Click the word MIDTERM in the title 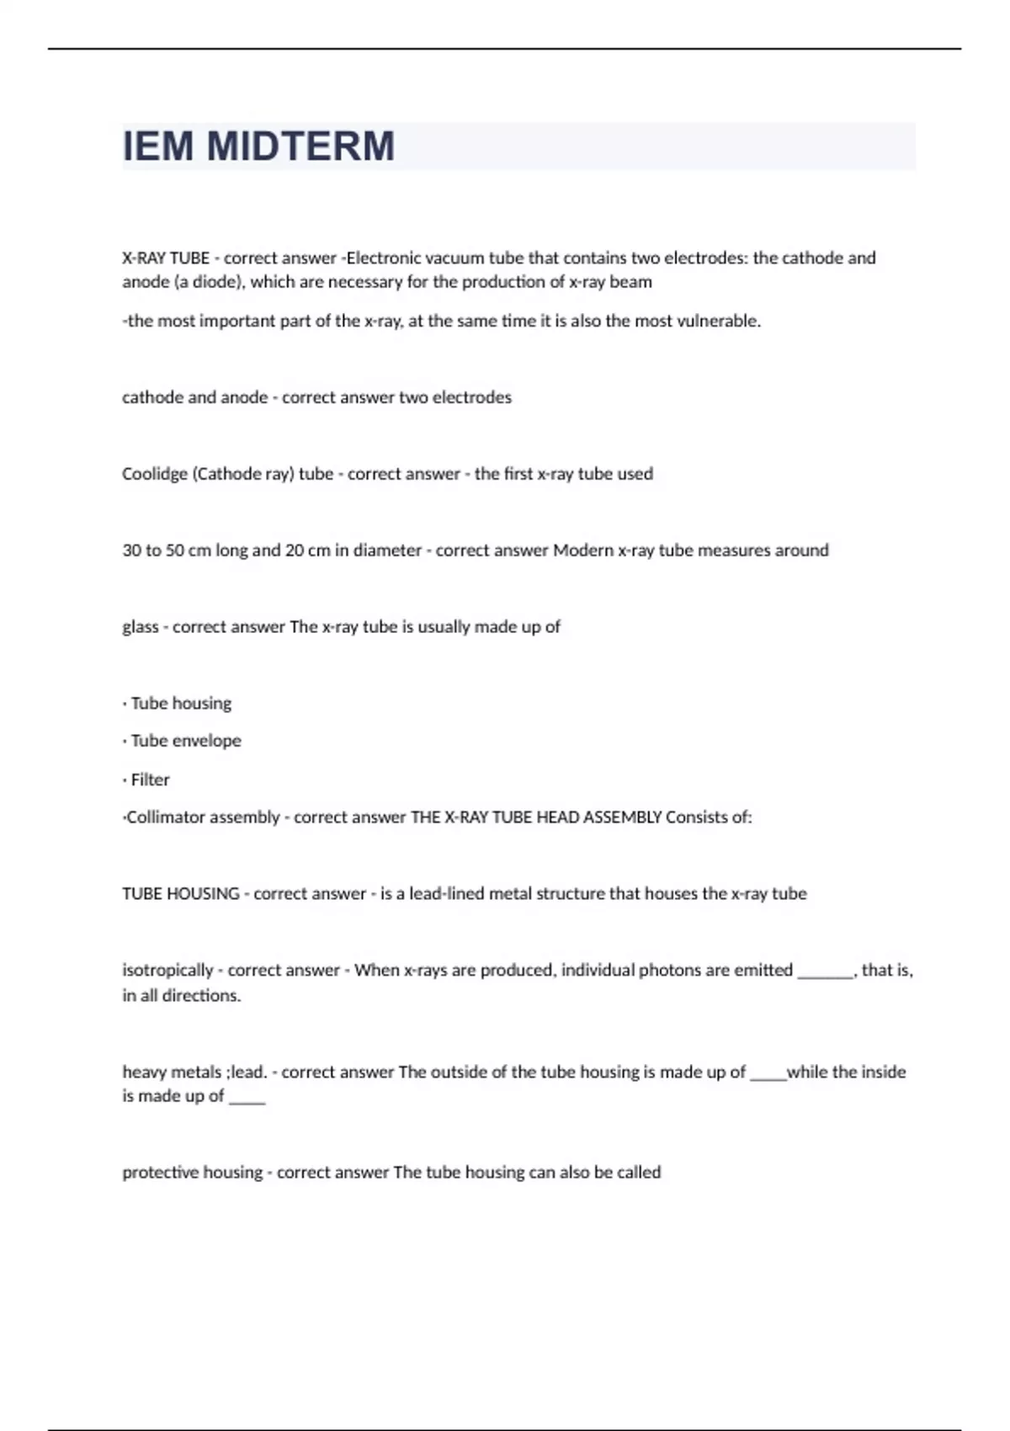[x=300, y=146]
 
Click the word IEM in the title [x=158, y=146]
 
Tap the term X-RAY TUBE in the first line [x=166, y=258]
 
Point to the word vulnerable [x=718, y=321]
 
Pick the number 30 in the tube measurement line [x=131, y=551]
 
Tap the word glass [x=140, y=627]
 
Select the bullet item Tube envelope [x=186, y=741]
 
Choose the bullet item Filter [x=150, y=779]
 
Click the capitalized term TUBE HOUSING [x=180, y=894]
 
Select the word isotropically [x=167, y=971]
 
